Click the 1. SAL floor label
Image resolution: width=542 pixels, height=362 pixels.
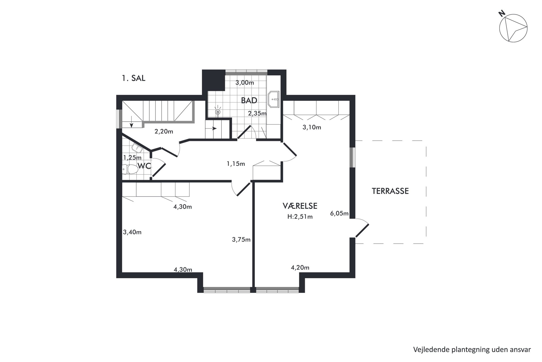coord(134,78)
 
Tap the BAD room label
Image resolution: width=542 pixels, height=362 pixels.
coord(249,100)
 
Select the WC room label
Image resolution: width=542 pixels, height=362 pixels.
coord(144,166)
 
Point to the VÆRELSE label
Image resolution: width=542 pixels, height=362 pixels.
coord(300,206)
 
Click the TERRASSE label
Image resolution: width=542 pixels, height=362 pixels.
coord(390,191)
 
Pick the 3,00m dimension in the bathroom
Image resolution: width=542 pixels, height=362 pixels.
coord(245,82)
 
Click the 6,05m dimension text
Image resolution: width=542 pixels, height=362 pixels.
coord(339,213)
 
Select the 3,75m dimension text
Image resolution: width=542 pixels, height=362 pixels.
coord(241,240)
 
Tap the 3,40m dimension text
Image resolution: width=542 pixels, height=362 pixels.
coord(132,232)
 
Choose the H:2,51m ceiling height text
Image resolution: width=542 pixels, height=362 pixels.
coord(300,217)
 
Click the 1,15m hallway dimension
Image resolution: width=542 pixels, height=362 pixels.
coord(236,164)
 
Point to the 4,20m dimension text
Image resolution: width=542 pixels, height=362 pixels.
coord(300,268)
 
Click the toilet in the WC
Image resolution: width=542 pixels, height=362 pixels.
coord(130,169)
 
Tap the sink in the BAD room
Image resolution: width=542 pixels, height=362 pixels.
coord(274,99)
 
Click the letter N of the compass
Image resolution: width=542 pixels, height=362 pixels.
coord(501,14)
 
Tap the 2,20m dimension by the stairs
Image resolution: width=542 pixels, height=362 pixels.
coord(164,132)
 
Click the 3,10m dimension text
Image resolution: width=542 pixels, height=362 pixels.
coord(312,127)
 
